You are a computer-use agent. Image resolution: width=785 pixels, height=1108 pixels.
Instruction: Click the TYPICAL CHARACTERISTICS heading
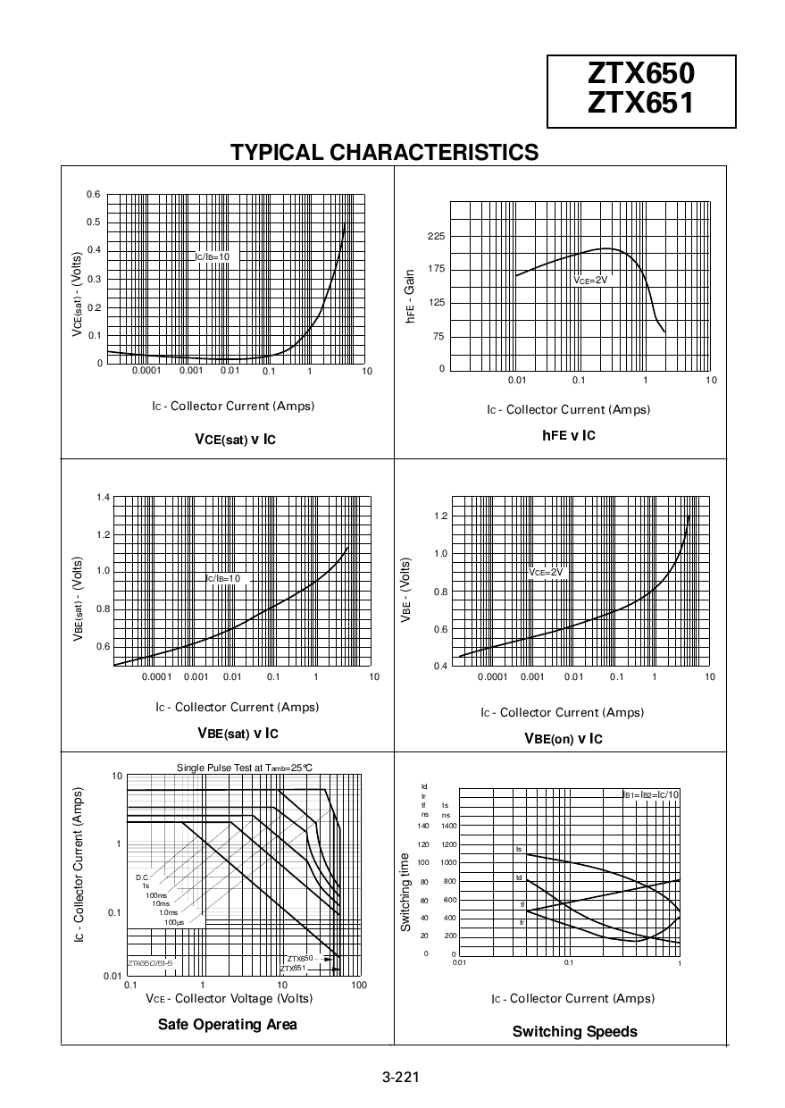pos(384,152)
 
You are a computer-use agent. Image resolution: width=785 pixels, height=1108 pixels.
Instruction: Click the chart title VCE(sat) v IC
pos(235,439)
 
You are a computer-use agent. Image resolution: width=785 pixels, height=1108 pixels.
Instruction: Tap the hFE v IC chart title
pos(568,435)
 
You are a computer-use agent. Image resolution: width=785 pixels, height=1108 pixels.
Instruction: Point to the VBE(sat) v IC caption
pos(238,734)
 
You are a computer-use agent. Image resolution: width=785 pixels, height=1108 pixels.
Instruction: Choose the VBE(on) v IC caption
pos(563,739)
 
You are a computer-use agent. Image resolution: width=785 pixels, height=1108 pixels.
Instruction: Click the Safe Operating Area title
pos(227,1024)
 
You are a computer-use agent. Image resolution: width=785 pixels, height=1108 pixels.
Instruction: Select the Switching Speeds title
pos(574,1031)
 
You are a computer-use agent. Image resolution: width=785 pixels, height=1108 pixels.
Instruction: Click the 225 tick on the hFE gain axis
pos(436,236)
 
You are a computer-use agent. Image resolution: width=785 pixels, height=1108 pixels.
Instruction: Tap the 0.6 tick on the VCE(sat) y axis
pos(94,195)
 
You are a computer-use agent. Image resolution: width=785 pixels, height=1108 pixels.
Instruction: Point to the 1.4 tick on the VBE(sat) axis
pos(103,497)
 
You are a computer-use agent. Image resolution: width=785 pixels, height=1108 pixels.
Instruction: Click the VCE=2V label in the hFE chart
pos(590,280)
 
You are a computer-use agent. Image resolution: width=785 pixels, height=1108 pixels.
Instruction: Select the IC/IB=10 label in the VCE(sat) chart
pos(213,256)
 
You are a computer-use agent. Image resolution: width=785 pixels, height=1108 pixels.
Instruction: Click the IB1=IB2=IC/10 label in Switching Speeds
pos(650,794)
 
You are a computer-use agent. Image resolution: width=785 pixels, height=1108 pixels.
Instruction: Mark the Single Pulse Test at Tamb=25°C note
pos(244,767)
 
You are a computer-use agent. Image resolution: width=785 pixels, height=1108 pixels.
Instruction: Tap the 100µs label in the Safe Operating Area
pos(173,921)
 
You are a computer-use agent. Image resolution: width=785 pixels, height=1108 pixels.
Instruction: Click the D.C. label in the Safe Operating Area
pos(142,877)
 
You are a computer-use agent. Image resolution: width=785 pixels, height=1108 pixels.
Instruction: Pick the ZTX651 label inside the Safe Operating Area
pos(293,968)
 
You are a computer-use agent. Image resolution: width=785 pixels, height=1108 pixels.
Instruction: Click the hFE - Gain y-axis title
pos(410,296)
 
